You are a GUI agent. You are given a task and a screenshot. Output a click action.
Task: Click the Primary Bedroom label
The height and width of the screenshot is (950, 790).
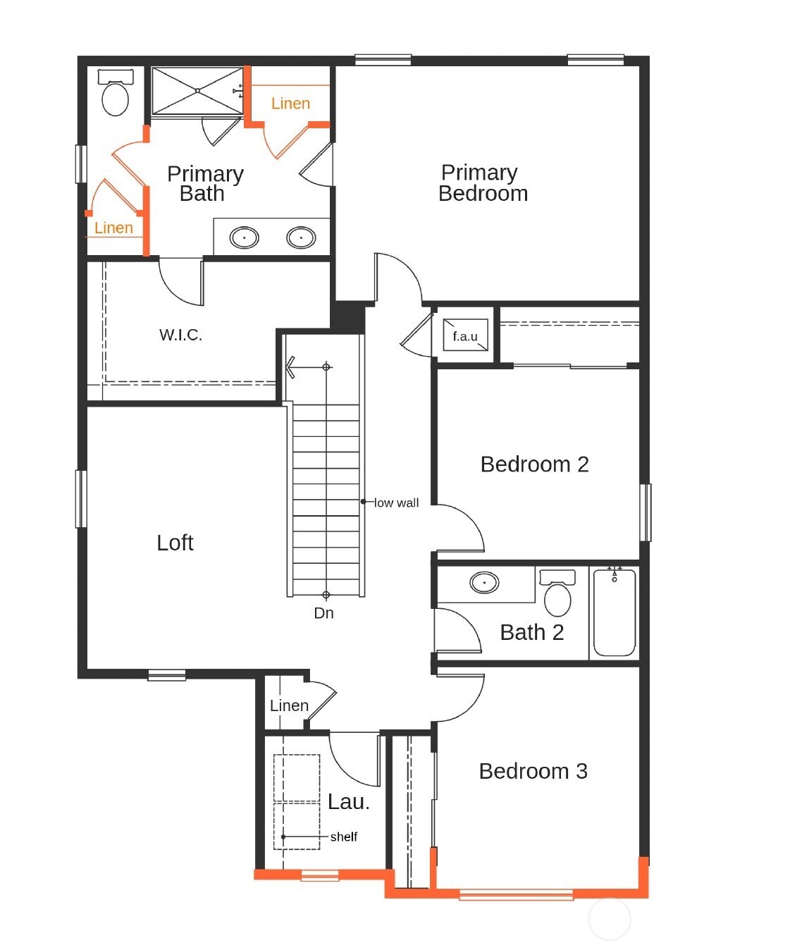(x=482, y=183)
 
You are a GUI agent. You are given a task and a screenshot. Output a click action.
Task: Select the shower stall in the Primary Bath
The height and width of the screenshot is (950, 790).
(x=197, y=90)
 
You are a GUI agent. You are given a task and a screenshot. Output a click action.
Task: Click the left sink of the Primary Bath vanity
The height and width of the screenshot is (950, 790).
(x=245, y=237)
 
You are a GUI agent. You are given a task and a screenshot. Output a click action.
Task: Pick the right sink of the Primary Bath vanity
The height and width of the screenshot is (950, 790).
(x=301, y=237)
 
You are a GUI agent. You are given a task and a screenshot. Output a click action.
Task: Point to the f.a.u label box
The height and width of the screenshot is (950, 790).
(x=465, y=336)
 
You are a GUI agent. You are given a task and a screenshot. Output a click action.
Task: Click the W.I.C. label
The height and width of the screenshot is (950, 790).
(x=180, y=335)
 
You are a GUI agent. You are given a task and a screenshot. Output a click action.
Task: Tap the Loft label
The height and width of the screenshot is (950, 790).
(x=175, y=543)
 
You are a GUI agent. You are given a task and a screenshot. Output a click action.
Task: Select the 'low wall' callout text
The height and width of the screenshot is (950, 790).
(x=396, y=502)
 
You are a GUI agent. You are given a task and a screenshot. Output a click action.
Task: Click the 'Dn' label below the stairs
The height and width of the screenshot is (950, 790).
(x=323, y=613)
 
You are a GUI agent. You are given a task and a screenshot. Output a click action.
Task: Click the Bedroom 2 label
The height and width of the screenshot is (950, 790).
(x=534, y=464)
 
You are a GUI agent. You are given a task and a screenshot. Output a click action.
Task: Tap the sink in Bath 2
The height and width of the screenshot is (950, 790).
(x=484, y=583)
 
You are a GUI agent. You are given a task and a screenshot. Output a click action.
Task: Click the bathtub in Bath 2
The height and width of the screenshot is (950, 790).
(x=615, y=612)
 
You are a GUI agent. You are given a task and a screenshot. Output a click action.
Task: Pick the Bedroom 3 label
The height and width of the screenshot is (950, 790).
(x=533, y=771)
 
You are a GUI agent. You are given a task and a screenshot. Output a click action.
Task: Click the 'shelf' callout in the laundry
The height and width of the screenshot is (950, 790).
(x=343, y=837)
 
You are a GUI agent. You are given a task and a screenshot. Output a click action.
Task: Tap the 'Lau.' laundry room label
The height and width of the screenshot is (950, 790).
(x=348, y=801)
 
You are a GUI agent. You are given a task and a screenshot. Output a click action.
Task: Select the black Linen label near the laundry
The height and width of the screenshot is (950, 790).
(x=289, y=705)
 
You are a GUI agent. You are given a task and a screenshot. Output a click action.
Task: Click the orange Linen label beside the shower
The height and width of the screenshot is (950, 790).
(x=290, y=104)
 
